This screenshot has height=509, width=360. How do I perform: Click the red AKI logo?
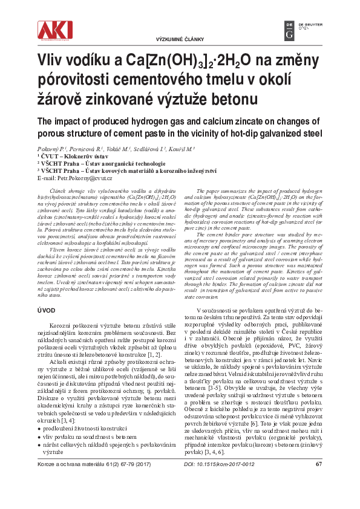54,30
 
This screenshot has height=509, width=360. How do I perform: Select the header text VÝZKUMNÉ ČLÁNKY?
180,38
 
